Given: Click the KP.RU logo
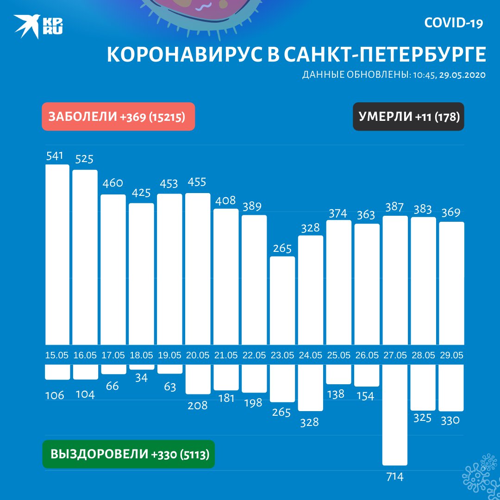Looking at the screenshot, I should (x=39, y=26).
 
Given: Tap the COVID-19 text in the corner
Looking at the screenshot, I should (x=453, y=24).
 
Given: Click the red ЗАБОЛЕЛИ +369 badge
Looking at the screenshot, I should (x=118, y=117).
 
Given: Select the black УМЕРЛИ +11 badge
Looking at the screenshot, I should (x=408, y=117).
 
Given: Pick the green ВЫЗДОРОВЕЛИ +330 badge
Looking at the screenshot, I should (x=129, y=454).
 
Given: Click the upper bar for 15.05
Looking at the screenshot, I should (x=57, y=255).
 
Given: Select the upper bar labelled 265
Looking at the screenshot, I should (x=282, y=300).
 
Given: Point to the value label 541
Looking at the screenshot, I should (x=55, y=156).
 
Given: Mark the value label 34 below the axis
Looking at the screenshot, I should (x=142, y=378).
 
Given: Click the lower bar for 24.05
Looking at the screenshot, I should (x=310, y=387).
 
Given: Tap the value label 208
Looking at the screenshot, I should (x=198, y=406).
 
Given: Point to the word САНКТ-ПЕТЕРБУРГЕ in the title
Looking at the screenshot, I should (x=385, y=55).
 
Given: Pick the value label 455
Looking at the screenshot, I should (x=198, y=182).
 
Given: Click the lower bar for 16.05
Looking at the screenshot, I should (x=85, y=372).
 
